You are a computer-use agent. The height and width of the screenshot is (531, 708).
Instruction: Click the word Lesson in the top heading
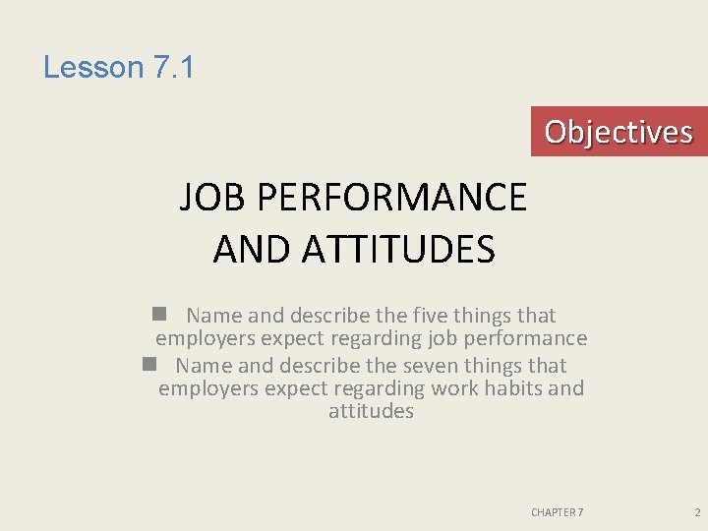93,68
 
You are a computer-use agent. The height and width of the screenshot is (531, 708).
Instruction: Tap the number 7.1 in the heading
173,68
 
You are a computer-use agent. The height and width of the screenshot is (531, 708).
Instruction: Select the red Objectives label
619,132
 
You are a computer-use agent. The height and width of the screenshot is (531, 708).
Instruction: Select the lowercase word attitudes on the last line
371,412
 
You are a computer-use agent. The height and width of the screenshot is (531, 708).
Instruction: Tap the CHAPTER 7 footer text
557,512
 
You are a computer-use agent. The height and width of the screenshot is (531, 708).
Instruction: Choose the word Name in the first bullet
214,316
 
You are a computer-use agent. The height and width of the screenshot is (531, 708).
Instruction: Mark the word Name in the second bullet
205,365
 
